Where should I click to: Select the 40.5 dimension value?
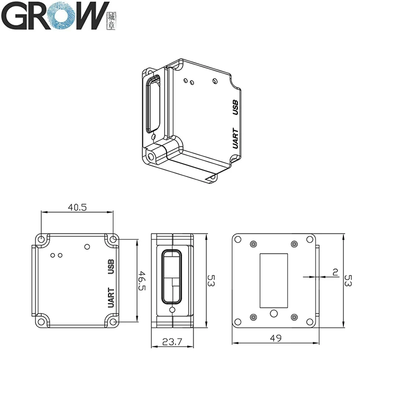click(77, 207)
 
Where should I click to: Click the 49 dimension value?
click(276, 337)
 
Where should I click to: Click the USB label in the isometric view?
click(235, 107)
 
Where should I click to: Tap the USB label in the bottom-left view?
click(111, 267)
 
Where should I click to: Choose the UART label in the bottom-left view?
click(111, 298)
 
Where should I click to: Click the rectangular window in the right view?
click(274, 278)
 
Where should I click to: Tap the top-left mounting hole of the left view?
click(42, 239)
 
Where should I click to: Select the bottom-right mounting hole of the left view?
click(113, 322)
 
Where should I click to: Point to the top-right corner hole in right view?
click(310, 239)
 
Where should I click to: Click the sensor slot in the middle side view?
click(172, 278)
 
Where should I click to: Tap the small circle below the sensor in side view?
click(172, 311)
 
